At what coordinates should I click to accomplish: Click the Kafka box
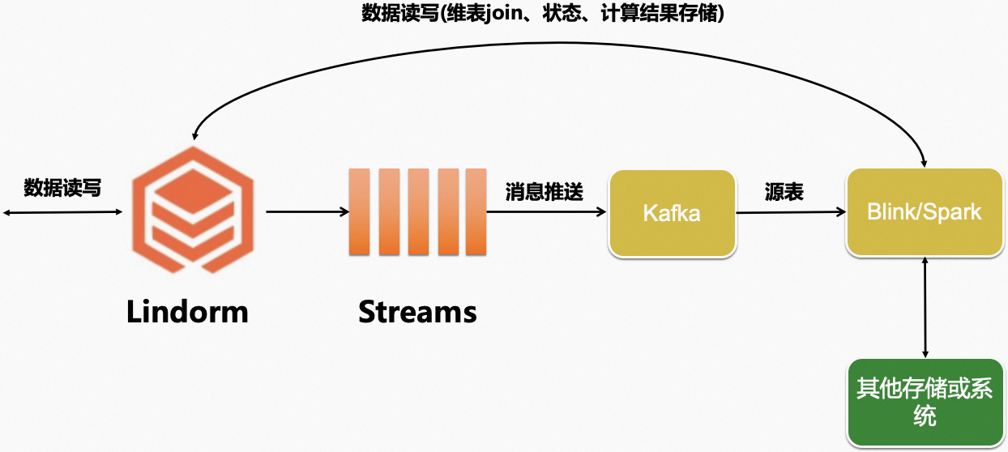click(672, 213)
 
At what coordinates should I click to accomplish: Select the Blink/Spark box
click(924, 213)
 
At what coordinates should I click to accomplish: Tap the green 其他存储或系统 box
click(924, 402)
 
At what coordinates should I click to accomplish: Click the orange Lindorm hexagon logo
click(192, 211)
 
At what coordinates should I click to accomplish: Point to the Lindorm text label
click(187, 312)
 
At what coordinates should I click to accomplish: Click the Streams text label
click(417, 312)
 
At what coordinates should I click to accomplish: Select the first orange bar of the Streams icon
click(359, 211)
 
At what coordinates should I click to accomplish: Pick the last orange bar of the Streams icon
click(476, 211)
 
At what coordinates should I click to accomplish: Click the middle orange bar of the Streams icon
click(418, 211)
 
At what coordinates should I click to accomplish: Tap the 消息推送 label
click(544, 192)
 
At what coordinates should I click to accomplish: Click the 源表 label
click(784, 192)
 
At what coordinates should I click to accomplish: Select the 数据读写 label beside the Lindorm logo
click(62, 188)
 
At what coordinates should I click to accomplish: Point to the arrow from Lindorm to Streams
click(307, 212)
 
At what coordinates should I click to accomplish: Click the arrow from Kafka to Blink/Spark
click(791, 213)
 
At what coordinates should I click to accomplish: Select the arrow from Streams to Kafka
click(547, 212)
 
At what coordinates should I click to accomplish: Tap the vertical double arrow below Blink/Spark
click(925, 308)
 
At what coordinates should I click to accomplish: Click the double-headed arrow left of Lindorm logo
click(62, 212)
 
